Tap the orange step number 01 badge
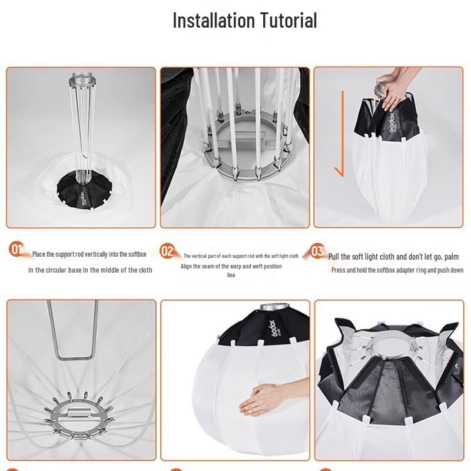[16, 250]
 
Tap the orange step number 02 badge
[168, 251]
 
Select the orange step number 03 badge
[317, 251]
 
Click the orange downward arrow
[339, 153]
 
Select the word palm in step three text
[452, 257]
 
